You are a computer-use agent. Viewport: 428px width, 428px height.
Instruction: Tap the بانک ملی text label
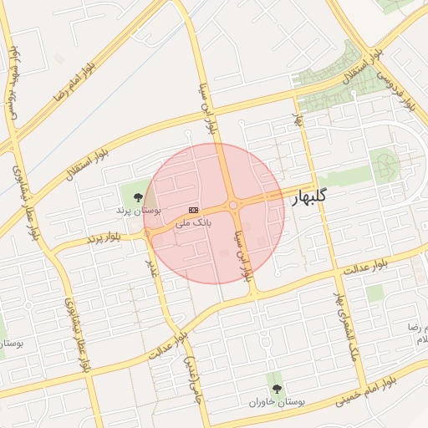(x=194, y=223)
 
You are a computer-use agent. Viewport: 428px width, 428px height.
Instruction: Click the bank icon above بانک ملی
(x=194, y=209)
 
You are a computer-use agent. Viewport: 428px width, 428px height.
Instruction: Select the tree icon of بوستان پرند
(x=138, y=197)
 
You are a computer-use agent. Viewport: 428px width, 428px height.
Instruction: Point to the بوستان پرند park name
(x=139, y=211)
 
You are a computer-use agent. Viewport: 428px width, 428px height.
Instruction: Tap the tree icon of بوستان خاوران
(x=276, y=388)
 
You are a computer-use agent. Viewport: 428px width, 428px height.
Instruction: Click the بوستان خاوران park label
(x=276, y=402)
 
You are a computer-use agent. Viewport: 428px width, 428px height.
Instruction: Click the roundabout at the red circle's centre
(x=232, y=205)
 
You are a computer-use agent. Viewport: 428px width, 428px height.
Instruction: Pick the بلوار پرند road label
(x=104, y=238)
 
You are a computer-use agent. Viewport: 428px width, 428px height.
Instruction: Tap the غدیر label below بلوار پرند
(x=152, y=267)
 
